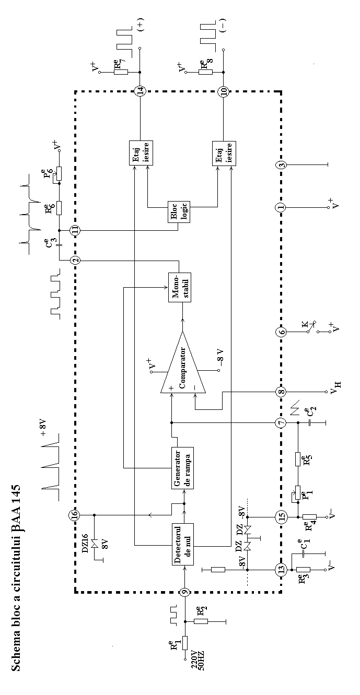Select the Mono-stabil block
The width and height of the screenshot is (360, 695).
pyautogui.click(x=179, y=287)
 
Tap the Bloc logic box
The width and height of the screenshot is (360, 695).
pyautogui.click(x=179, y=212)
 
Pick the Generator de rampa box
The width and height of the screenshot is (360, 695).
pyautogui.click(x=182, y=468)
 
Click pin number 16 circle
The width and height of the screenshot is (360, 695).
pyautogui.click(x=75, y=515)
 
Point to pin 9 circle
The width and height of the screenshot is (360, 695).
pyautogui.click(x=185, y=592)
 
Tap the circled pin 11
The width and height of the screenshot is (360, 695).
pyautogui.click(x=75, y=230)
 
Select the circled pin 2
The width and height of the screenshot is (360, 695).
pyautogui.click(x=75, y=260)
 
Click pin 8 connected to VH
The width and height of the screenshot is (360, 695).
pyautogui.click(x=281, y=392)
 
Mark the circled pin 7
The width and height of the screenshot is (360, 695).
pyautogui.click(x=281, y=422)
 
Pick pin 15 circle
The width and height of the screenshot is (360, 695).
pyautogui.click(x=281, y=516)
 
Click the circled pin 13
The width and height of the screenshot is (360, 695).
pyautogui.click(x=281, y=569)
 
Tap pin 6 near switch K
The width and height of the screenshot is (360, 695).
pyautogui.click(x=281, y=332)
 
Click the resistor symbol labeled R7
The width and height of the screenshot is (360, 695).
pyautogui.click(x=121, y=72)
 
